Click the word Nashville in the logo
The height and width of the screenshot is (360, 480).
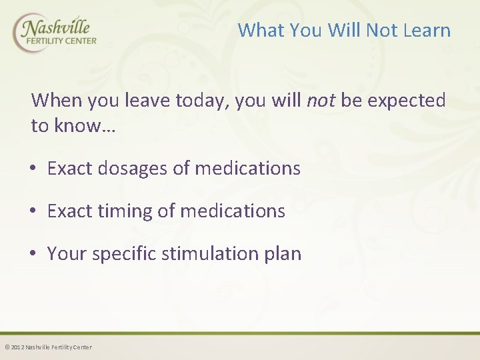tap(56, 28)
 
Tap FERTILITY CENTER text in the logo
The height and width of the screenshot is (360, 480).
tap(61, 41)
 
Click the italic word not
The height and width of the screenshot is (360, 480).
tap(321, 101)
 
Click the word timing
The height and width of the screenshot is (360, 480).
tap(125, 211)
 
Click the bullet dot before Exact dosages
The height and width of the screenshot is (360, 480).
tap(33, 169)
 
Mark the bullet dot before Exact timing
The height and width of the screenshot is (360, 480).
tap(33, 211)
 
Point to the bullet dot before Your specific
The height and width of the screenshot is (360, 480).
tap(33, 253)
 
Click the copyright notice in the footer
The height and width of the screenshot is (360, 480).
tap(49, 347)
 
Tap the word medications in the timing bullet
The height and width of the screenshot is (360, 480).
tap(233, 211)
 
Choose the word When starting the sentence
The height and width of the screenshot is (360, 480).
tap(57, 100)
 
